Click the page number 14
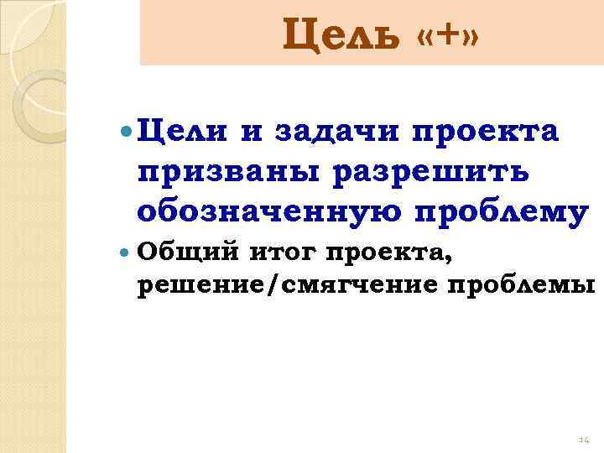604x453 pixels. [x=584, y=440]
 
